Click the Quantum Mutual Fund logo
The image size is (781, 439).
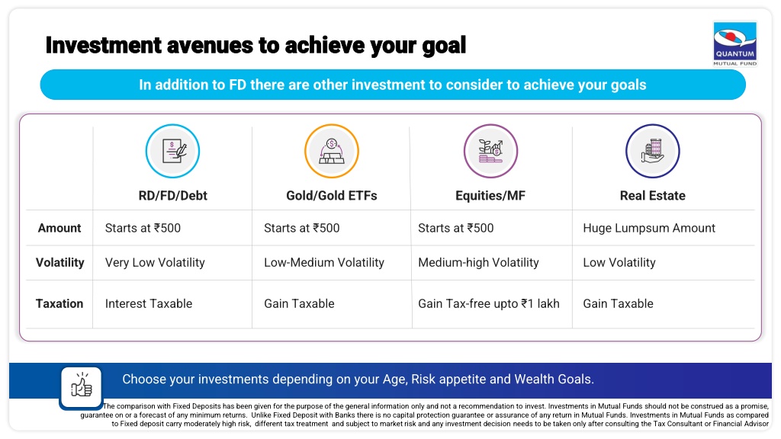(x=735, y=43)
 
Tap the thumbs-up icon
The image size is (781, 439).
(x=81, y=387)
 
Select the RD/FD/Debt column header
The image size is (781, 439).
(x=173, y=196)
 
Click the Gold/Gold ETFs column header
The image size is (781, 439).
(x=332, y=196)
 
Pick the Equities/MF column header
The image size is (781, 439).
(x=490, y=196)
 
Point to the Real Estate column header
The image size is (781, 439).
(x=653, y=196)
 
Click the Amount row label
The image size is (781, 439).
(x=59, y=228)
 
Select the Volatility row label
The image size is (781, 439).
(x=59, y=262)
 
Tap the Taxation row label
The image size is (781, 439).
(x=59, y=303)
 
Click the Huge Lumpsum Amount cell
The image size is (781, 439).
(x=649, y=228)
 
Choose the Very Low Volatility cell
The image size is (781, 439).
(x=155, y=262)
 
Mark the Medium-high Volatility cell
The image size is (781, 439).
(x=479, y=262)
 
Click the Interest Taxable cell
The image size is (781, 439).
(x=149, y=303)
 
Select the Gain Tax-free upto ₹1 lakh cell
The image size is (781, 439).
(x=489, y=303)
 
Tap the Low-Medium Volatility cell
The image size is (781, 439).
(x=324, y=262)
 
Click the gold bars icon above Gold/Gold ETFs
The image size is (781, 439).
(x=332, y=152)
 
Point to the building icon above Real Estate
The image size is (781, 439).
(x=653, y=152)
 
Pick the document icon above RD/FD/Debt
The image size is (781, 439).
(x=173, y=152)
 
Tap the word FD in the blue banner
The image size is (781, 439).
(x=238, y=85)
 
